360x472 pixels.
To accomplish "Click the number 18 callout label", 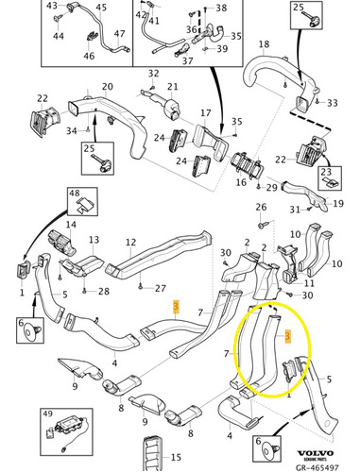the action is [x=264, y=44].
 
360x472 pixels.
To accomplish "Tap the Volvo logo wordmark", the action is [x=316, y=453].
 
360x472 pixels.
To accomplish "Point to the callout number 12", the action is [x=130, y=243].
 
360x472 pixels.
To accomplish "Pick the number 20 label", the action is [x=107, y=87].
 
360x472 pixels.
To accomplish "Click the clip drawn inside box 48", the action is [x=84, y=206].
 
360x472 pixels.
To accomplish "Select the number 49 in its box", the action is [x=48, y=413].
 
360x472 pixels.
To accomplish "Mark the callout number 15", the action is [x=176, y=457].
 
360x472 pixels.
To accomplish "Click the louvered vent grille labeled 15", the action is [x=153, y=454].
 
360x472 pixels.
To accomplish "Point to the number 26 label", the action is [x=261, y=207].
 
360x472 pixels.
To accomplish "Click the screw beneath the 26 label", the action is [x=262, y=225].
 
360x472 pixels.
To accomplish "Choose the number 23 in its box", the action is [x=326, y=172].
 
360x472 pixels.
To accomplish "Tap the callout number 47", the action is [x=120, y=33].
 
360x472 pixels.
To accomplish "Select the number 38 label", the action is [x=221, y=8].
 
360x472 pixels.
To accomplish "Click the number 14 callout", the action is [x=71, y=225].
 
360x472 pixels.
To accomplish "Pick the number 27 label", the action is [x=160, y=288].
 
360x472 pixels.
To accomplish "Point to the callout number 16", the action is [x=241, y=182].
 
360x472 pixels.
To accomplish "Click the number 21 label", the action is [x=173, y=87].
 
